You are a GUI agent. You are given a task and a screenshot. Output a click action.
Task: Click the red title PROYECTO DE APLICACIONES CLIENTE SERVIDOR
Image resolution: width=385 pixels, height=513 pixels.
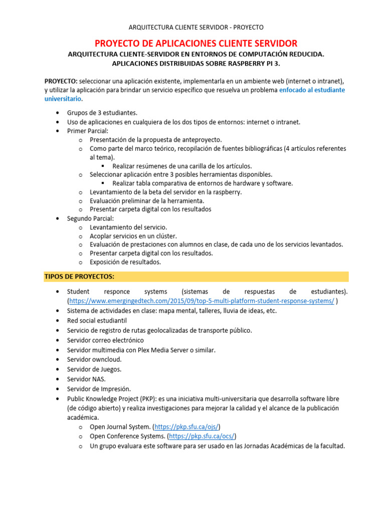(x=196, y=43)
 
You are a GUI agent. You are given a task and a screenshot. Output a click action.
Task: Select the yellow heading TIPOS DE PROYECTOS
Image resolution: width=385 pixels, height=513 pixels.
(x=79, y=277)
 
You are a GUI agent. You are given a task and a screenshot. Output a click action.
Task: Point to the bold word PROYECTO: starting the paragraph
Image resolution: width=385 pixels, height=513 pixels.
(x=61, y=81)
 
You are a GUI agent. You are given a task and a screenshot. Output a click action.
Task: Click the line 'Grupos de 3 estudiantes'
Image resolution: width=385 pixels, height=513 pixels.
(x=102, y=113)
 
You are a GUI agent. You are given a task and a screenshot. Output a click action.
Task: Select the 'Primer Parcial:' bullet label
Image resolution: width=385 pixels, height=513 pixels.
(x=88, y=131)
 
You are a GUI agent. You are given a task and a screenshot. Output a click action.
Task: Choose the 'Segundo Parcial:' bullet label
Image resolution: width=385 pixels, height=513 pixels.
(x=90, y=218)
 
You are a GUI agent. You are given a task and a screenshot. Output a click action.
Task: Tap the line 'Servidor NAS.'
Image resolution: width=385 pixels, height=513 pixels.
(x=86, y=379)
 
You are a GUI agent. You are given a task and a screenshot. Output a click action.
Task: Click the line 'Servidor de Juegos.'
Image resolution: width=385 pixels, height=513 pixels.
(x=94, y=369)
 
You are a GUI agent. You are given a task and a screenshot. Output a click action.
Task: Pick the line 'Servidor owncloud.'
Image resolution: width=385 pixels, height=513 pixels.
(x=94, y=359)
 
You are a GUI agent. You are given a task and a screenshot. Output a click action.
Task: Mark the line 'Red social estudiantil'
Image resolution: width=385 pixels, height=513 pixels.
(x=97, y=320)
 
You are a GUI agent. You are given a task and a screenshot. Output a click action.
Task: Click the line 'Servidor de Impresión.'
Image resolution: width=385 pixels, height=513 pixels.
(x=99, y=389)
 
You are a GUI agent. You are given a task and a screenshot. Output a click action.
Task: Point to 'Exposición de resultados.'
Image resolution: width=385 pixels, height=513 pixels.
(x=125, y=262)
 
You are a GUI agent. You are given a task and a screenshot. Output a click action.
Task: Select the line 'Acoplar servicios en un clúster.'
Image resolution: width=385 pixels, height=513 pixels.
(x=133, y=236)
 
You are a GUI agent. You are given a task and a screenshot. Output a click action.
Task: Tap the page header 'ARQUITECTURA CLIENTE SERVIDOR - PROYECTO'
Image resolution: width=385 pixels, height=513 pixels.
(x=196, y=27)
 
